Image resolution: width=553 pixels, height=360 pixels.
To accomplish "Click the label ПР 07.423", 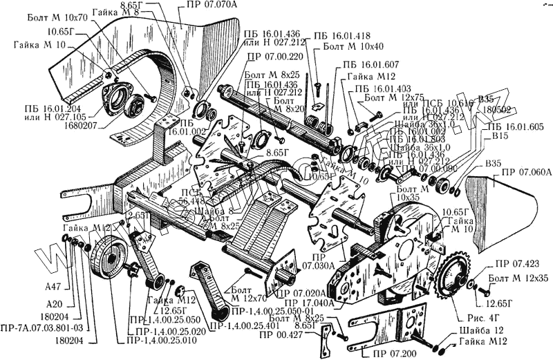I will [x=511, y=265].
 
